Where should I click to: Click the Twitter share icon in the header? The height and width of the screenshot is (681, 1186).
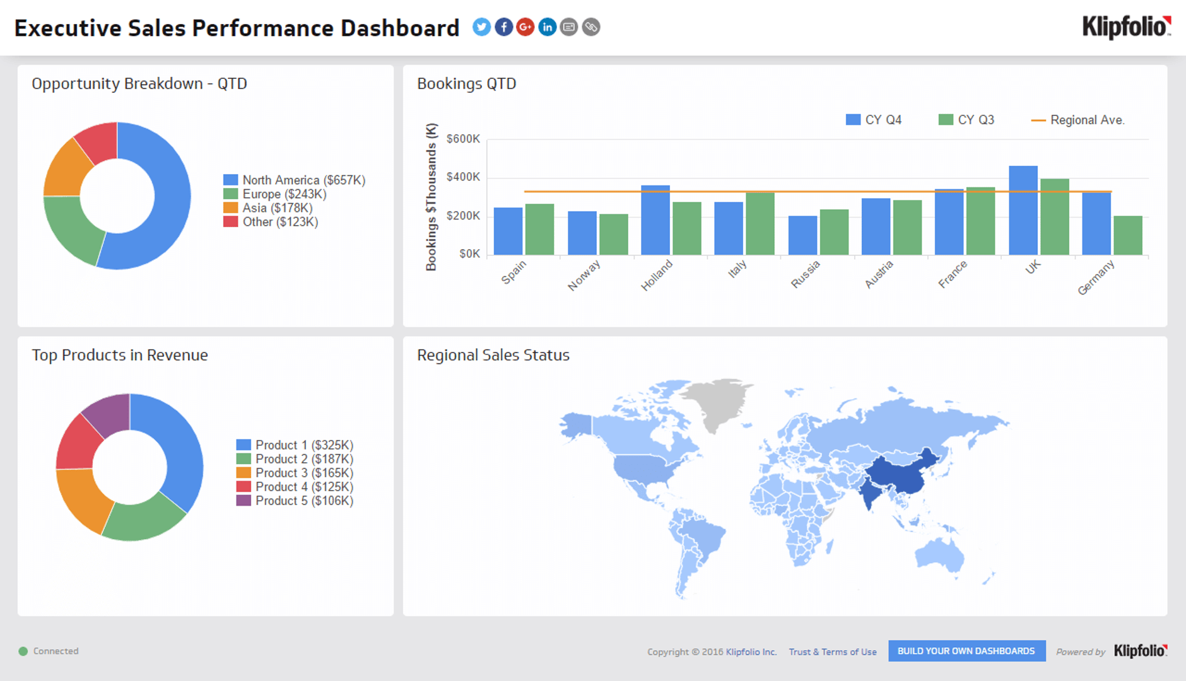[x=481, y=27]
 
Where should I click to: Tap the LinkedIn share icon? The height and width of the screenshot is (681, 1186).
[x=547, y=27]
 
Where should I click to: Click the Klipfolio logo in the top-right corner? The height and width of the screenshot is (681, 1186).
[x=1126, y=27]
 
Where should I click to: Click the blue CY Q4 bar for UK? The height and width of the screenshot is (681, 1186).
[x=1023, y=211]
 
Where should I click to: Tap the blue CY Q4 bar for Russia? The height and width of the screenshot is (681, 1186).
[x=802, y=235]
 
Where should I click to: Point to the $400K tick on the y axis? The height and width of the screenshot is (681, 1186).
[x=463, y=177]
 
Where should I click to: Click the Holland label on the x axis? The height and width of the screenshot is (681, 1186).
[x=657, y=276]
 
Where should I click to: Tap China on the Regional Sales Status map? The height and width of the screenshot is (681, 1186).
[x=896, y=476]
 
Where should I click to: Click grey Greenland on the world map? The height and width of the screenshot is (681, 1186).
[x=716, y=400]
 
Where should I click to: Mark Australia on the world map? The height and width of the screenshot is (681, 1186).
[x=940, y=555]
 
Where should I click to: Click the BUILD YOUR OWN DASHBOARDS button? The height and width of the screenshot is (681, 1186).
[x=966, y=651]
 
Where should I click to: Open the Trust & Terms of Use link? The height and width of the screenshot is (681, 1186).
[x=832, y=652]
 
